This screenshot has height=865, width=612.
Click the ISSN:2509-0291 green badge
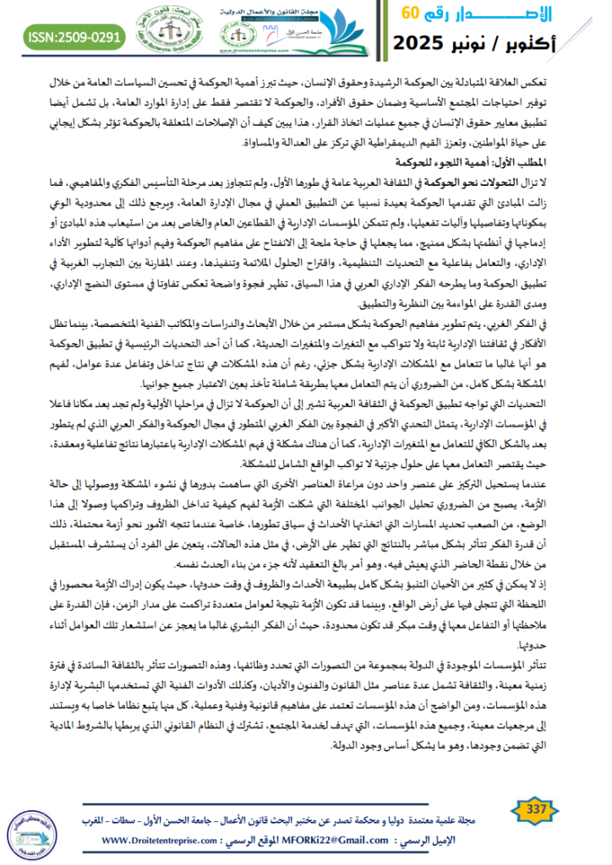74,36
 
